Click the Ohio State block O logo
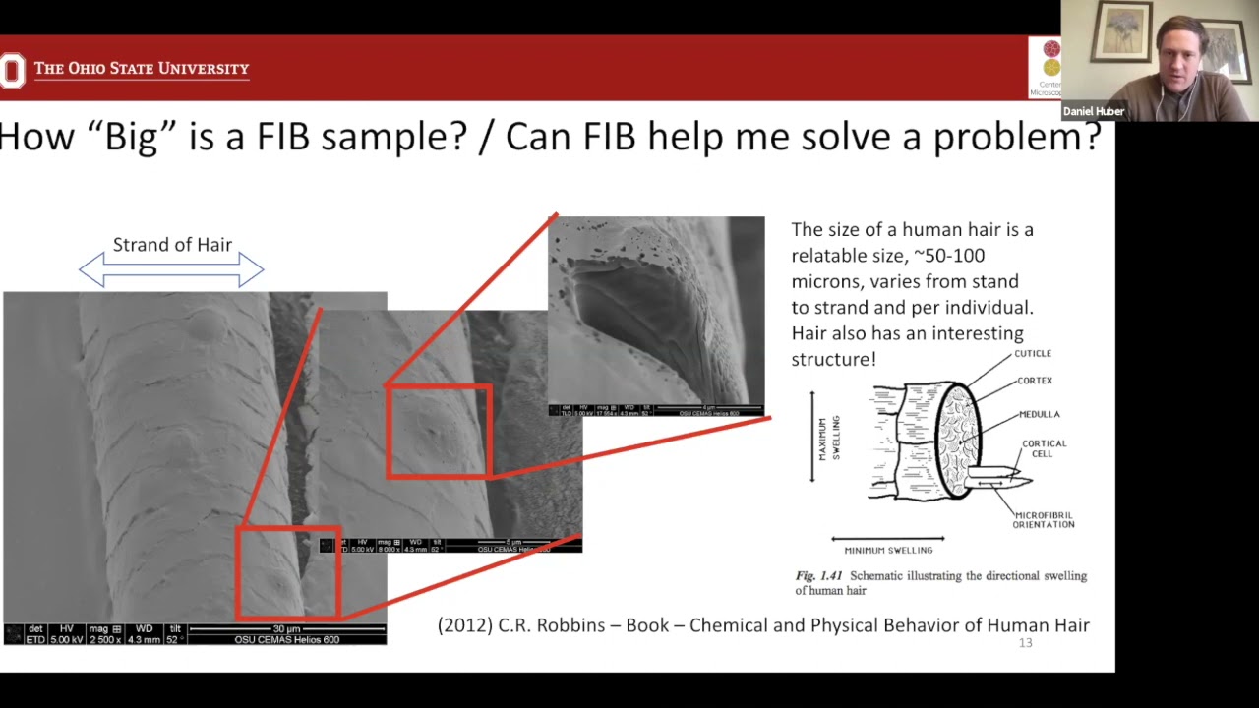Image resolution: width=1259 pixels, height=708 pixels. [x=11, y=70]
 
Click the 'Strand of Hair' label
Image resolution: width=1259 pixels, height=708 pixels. [x=172, y=245]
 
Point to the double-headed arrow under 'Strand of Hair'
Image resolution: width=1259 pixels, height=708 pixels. [x=171, y=269]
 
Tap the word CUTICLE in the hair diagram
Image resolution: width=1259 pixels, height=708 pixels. [x=1033, y=354]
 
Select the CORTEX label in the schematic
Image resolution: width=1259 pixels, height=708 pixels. [x=1035, y=381]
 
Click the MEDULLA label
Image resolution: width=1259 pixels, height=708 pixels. [x=1039, y=414]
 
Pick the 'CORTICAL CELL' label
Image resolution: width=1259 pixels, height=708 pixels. [x=1044, y=448]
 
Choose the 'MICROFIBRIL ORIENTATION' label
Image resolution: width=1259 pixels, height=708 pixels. [x=1044, y=520]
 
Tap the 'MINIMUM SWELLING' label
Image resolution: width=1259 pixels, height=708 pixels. [x=888, y=550]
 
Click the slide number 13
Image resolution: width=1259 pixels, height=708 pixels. [x=1025, y=643]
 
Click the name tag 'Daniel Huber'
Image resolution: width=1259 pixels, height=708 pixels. [x=1093, y=111]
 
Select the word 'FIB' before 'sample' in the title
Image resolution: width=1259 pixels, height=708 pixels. [x=283, y=138]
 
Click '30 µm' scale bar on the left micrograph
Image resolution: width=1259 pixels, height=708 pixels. [x=286, y=629]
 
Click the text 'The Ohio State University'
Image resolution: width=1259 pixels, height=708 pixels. [x=142, y=69]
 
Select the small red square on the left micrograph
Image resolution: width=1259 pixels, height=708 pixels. [x=288, y=573]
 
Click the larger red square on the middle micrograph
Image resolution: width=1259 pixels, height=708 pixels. [x=439, y=432]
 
